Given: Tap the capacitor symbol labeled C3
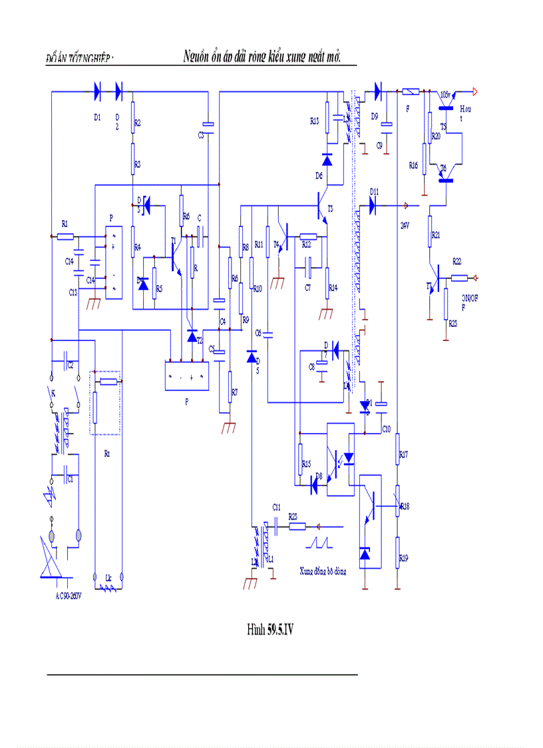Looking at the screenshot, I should click(208, 125).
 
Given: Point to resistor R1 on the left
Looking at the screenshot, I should click(65, 236).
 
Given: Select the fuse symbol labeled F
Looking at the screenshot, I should click(411, 91).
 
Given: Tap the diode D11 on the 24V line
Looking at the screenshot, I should click(373, 205).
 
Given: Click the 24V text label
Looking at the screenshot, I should click(404, 224).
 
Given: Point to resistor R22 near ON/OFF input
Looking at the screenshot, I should click(459, 278).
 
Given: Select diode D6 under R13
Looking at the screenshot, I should click(327, 160).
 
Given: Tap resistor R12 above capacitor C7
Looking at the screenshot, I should click(307, 236).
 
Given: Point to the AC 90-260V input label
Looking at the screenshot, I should click(69, 595).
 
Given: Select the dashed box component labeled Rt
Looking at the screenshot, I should click(105, 403).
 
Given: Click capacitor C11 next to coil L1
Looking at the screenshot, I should click(276, 526).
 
